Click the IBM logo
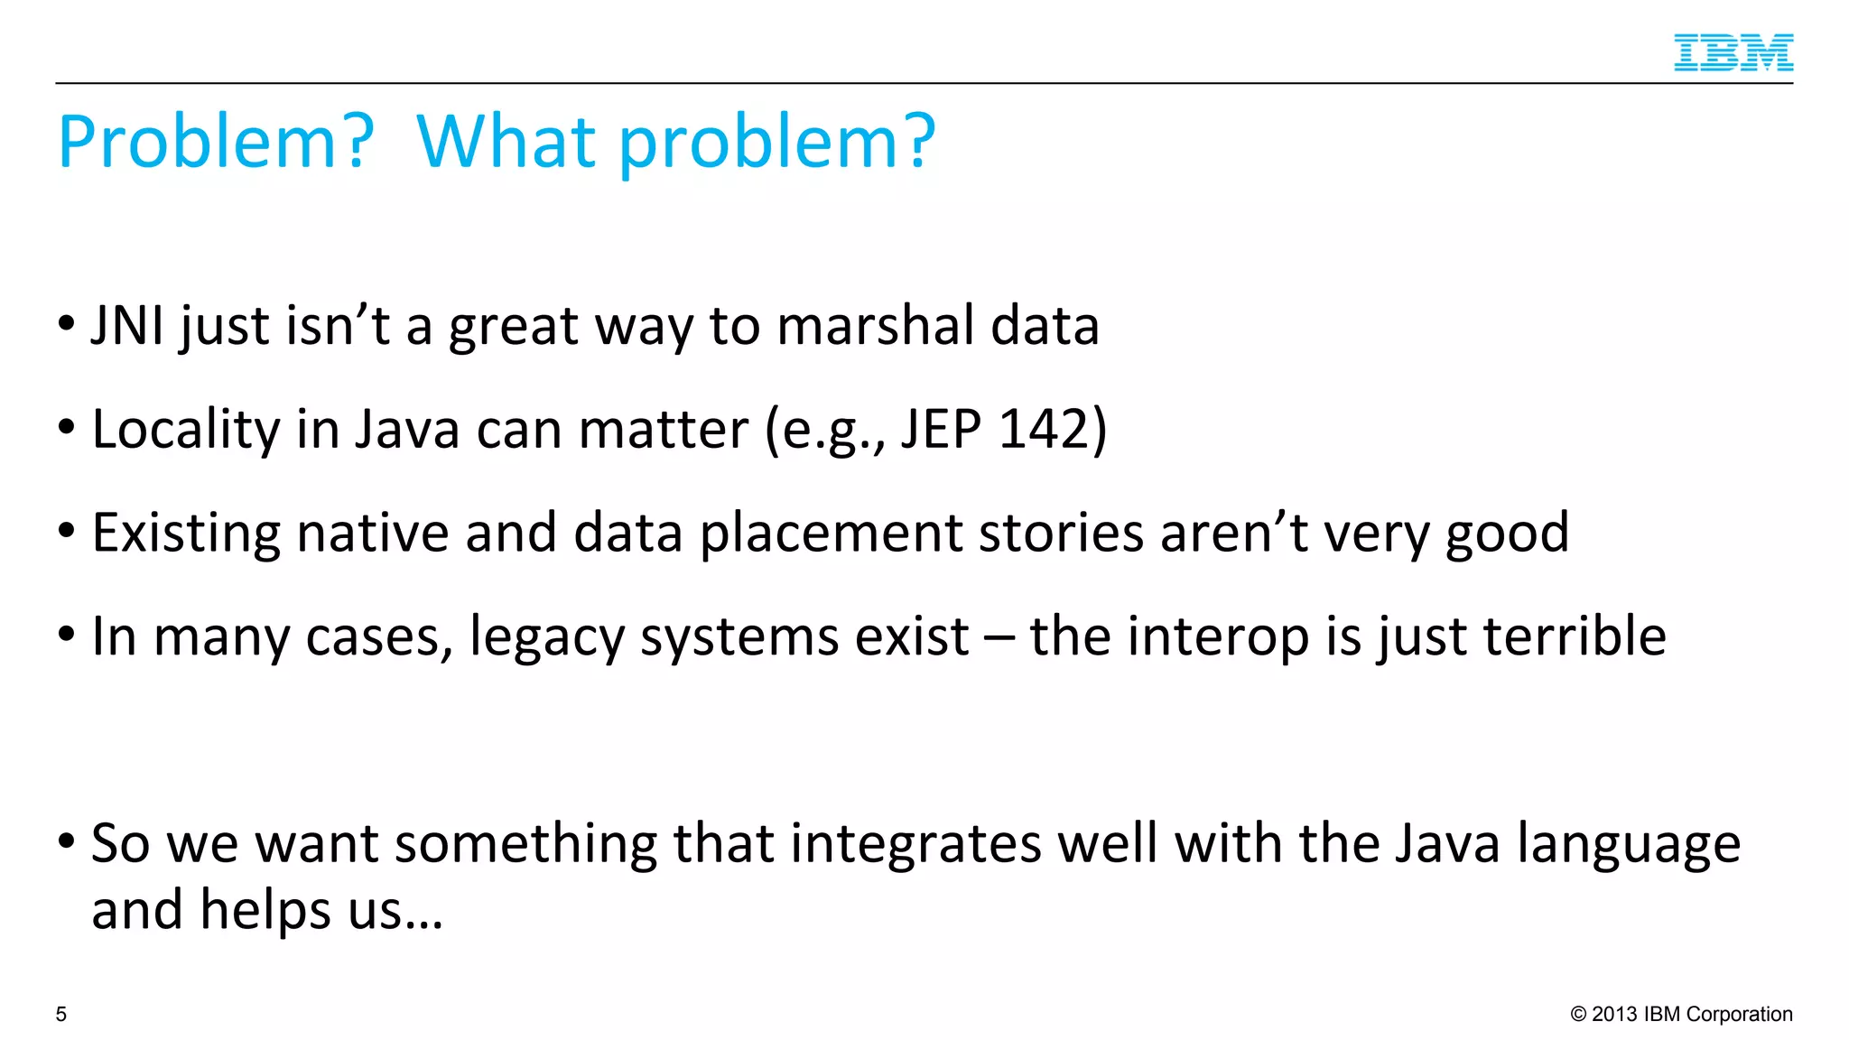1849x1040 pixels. point(1733,52)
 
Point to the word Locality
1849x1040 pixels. point(186,431)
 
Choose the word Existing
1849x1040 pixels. point(186,534)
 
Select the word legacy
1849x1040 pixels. point(547,637)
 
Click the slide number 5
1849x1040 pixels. point(61,1015)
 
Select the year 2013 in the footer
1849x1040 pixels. point(1614,1015)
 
